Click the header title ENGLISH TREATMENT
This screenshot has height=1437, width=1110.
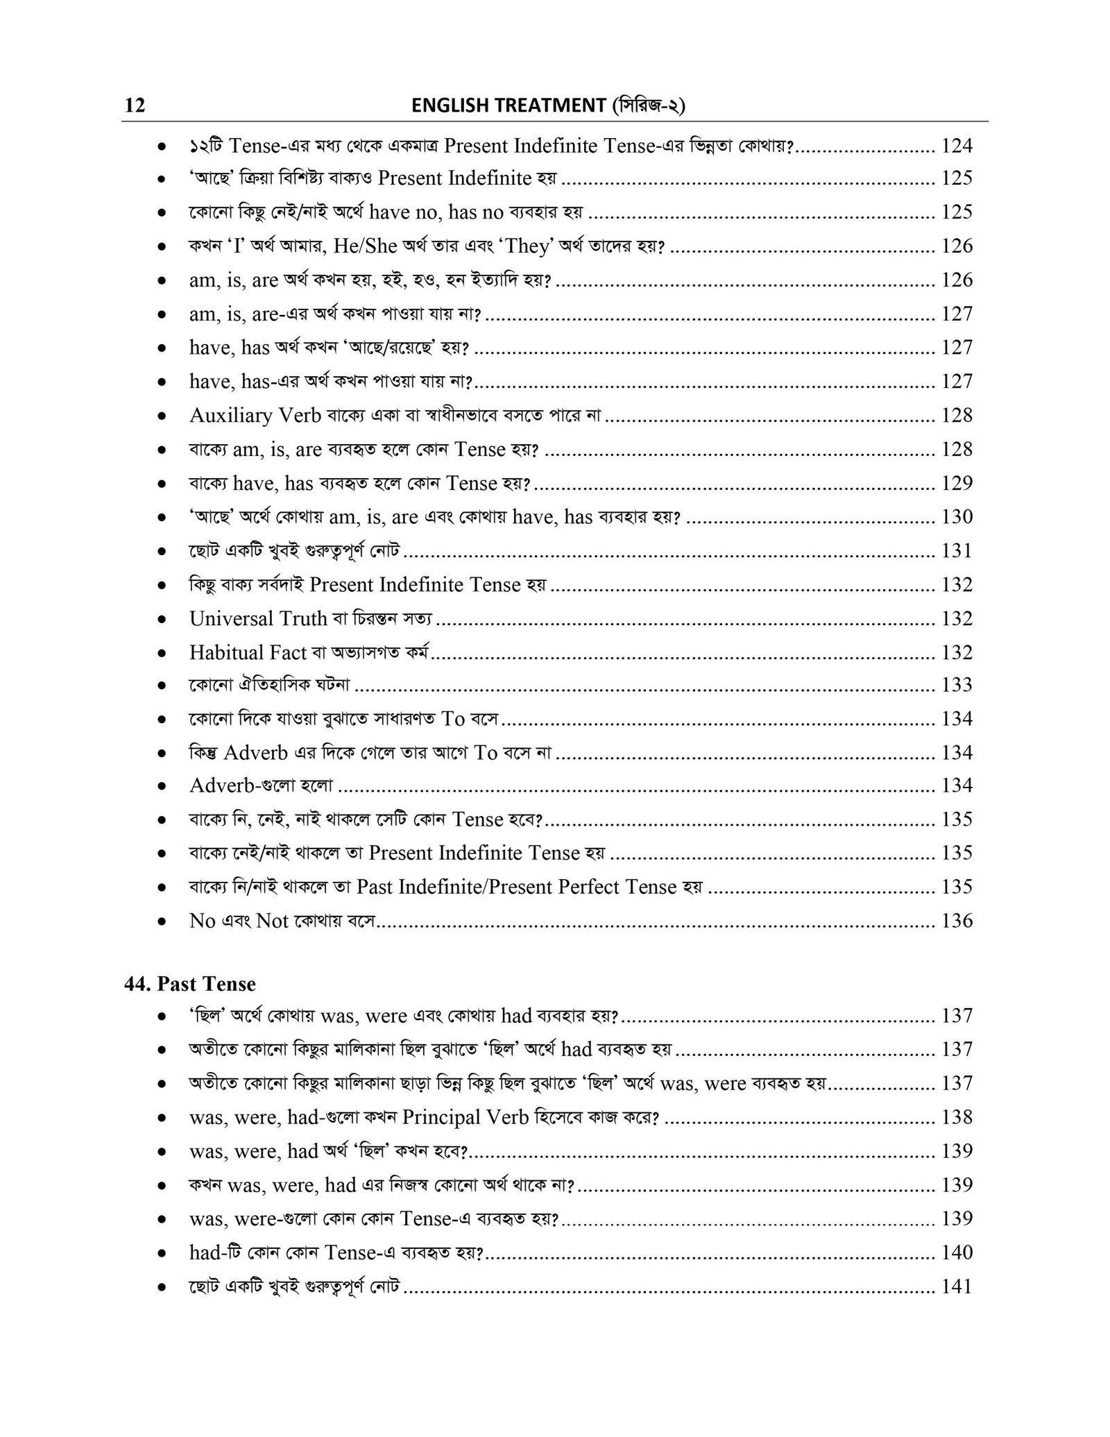click(509, 105)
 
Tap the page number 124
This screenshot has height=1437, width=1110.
click(957, 146)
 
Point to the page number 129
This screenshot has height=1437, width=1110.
click(957, 483)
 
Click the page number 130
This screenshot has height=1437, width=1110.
click(957, 517)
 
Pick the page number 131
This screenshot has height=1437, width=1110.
click(957, 551)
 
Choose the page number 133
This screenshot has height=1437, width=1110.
click(957, 686)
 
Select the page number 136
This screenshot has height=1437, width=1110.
click(957, 921)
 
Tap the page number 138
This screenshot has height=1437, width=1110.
click(957, 1117)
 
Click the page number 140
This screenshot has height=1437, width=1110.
click(957, 1252)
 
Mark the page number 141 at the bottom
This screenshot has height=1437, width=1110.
click(957, 1286)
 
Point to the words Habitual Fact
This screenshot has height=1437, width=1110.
click(248, 652)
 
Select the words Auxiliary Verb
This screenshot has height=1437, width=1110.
click(255, 416)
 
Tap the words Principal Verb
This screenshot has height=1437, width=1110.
click(461, 1117)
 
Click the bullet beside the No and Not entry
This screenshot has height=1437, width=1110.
click(161, 922)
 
